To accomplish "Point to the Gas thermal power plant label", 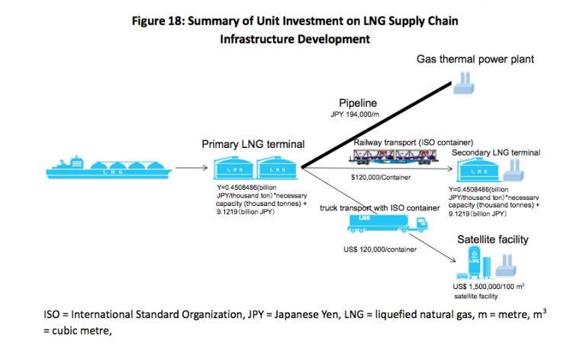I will click(x=475, y=59).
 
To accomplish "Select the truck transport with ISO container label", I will click(x=379, y=207).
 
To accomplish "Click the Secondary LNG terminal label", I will click(x=496, y=153).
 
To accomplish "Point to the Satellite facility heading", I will click(x=492, y=239).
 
